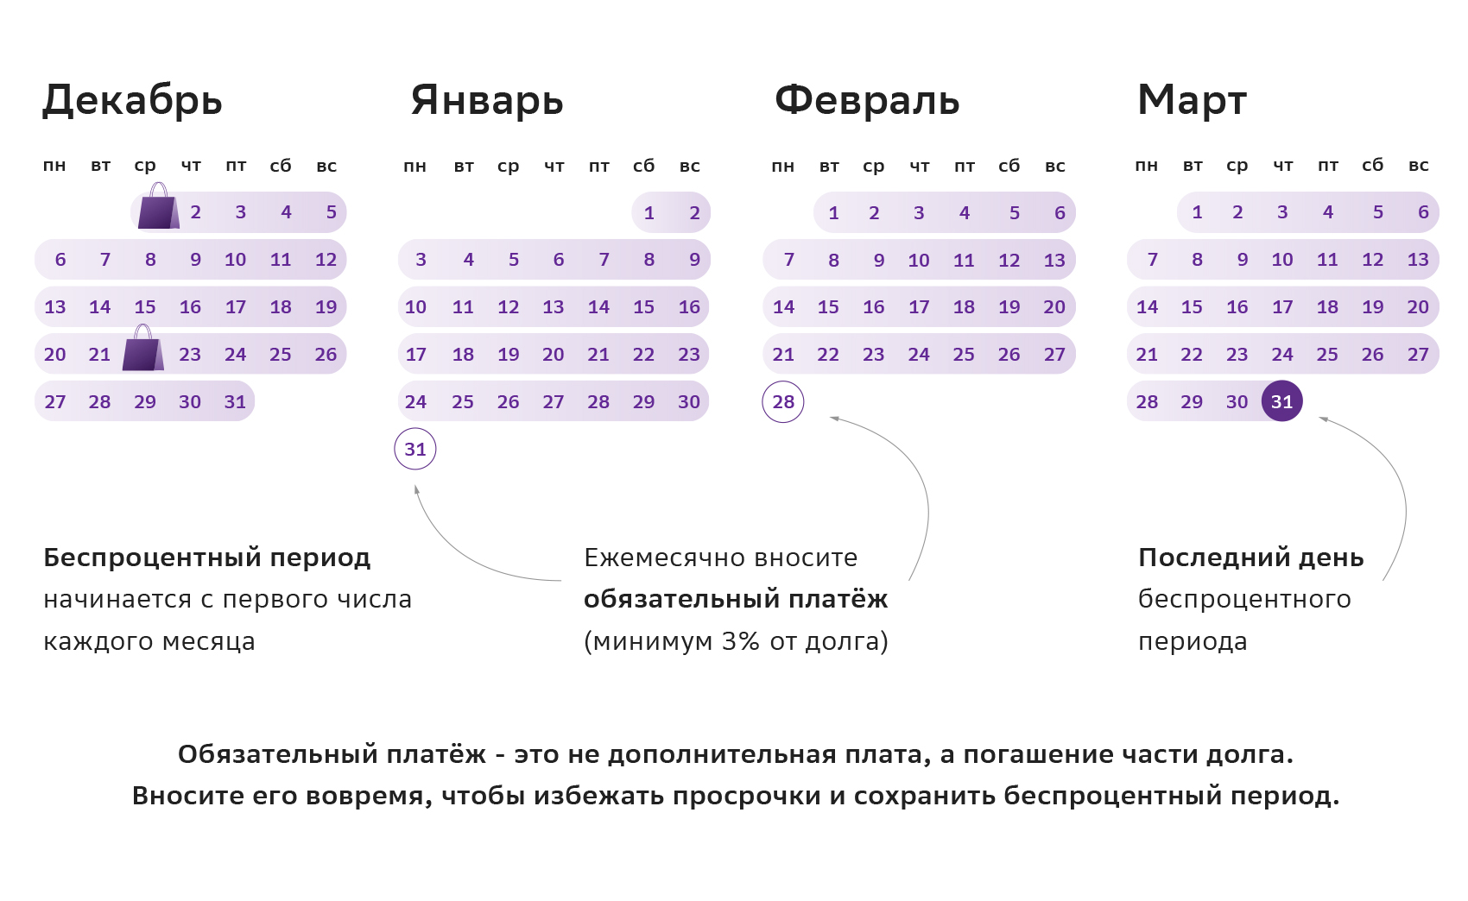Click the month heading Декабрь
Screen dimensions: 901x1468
tap(132, 100)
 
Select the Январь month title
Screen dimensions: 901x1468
tap(487, 100)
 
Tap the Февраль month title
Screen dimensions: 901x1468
tap(867, 100)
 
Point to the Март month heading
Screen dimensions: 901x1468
tap(1192, 100)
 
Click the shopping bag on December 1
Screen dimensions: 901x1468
tap(158, 207)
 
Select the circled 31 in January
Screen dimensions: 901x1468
tap(415, 450)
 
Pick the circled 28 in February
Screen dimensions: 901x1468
tap(783, 402)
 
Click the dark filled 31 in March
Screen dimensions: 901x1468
tap(1281, 401)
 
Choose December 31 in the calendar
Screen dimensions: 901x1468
tap(235, 402)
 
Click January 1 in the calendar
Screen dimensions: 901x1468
tap(649, 213)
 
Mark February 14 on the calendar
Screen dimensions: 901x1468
tap(783, 307)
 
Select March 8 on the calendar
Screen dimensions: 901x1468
tap(1197, 260)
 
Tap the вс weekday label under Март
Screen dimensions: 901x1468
tap(1418, 166)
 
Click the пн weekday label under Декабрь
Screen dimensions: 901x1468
tap(54, 166)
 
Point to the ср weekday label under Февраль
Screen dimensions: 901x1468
tap(873, 166)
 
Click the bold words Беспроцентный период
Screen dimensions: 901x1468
tap(207, 558)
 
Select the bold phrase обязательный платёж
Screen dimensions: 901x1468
tap(736, 599)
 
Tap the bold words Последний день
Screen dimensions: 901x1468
tap(1250, 558)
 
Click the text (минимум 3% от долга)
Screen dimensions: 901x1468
tap(736, 641)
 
